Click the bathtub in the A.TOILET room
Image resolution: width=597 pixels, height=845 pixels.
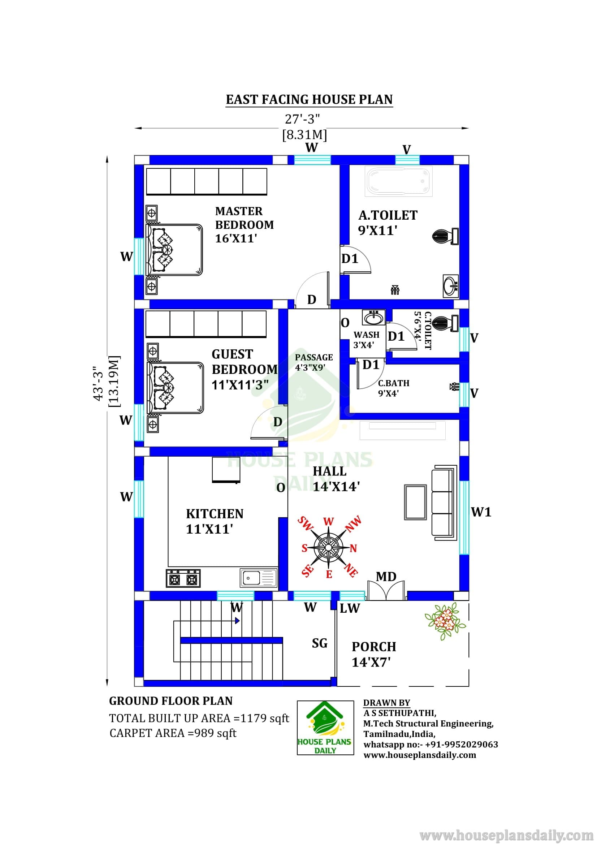point(398,181)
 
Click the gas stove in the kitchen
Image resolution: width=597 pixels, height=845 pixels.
point(183,578)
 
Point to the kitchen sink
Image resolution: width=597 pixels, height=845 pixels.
point(259,577)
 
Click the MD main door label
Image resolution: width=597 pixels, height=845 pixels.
point(386,576)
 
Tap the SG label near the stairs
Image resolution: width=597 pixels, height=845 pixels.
point(319,643)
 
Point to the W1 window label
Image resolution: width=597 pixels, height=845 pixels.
point(481,512)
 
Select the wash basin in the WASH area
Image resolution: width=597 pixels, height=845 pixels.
point(374,318)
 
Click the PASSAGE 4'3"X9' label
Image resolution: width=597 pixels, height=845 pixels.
point(314,362)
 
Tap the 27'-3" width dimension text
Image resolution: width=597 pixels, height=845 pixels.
point(302,119)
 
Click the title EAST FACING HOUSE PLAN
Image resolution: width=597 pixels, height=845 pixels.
point(310,99)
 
